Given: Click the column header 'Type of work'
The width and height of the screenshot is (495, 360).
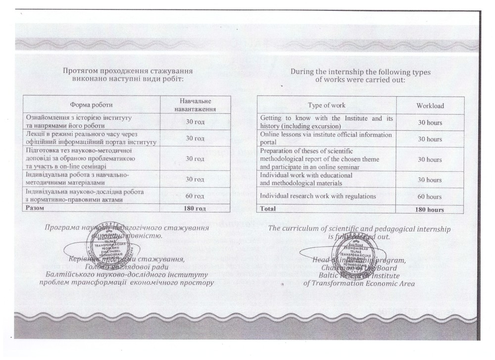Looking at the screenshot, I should pos(327,105).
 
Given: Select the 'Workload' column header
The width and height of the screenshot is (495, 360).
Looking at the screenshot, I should pos(430,105).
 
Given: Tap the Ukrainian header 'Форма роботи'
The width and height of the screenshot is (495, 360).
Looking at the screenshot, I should pos(91,105).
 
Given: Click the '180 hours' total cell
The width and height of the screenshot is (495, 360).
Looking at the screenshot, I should pos(430,209).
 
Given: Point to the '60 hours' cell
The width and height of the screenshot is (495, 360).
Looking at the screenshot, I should pos(430,197).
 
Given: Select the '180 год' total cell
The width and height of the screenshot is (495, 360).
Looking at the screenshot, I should pos(195,208).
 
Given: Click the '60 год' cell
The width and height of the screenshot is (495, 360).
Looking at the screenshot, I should pos(195,196).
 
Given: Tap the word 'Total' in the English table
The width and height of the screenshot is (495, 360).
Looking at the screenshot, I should pos(268,209).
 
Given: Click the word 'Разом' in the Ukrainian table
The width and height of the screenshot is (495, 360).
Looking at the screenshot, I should pos(35,208).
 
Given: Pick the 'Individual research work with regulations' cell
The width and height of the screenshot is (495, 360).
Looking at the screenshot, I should pos(318,196).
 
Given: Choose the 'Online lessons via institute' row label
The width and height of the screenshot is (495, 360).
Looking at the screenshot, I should pos(326,139).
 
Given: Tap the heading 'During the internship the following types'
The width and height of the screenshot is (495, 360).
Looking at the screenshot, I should pos(360,72).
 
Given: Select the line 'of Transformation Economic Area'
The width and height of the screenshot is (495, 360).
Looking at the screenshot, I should pos(359,284).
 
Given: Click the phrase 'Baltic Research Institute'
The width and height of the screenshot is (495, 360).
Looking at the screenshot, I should pos(359,275).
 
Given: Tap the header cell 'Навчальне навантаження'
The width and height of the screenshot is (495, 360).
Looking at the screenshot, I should pos(195,105).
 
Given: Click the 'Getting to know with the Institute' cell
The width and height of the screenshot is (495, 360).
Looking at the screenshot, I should pos(326,122).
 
